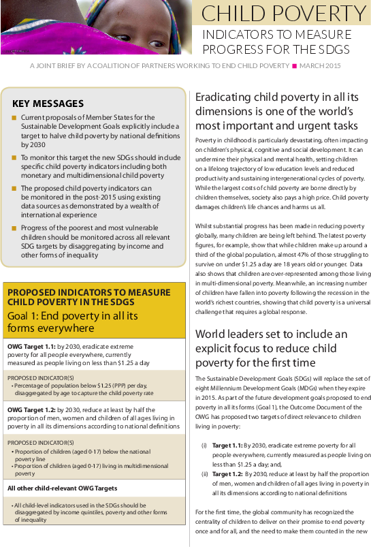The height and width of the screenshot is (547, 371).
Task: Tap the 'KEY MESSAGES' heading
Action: tap(48, 104)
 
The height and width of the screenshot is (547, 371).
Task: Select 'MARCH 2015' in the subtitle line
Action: tap(321, 65)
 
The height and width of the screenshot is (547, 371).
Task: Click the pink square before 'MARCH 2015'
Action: tap(294, 65)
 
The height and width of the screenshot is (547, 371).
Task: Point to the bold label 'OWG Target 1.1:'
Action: tap(27, 346)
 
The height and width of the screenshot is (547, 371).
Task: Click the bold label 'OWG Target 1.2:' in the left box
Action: tap(27, 409)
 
